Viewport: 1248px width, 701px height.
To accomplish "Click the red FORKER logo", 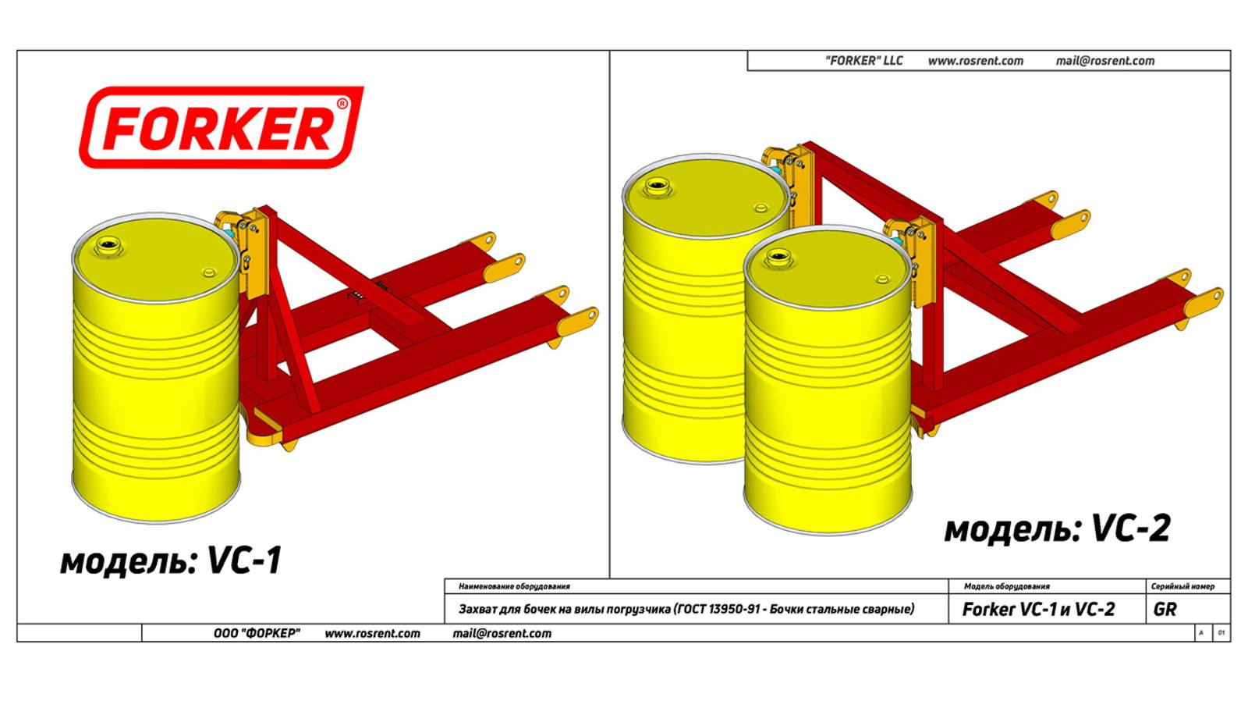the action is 222,127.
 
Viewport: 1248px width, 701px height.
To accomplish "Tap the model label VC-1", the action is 245,560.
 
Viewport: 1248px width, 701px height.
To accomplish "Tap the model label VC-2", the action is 1131,528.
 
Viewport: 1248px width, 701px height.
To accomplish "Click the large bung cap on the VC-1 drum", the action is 105,245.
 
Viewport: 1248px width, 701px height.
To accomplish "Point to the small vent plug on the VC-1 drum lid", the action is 208,272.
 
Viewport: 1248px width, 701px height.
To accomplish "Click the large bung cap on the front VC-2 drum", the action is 778,257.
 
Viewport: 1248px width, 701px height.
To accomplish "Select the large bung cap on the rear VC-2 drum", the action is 657,186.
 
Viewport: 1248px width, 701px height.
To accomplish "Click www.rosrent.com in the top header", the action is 976,61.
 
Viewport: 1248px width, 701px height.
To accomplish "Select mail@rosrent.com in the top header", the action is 1104,61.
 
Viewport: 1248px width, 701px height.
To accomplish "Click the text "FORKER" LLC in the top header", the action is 863,60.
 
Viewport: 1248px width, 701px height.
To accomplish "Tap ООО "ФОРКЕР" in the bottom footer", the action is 257,633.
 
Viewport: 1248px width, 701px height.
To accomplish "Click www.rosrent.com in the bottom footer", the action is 372,634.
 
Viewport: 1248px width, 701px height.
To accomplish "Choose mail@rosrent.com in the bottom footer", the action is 502,634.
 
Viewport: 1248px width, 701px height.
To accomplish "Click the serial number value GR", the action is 1165,609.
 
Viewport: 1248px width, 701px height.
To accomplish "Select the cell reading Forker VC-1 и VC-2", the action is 1038,609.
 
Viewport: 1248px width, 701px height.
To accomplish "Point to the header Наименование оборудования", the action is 514,586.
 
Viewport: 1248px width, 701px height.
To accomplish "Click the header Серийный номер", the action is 1182,586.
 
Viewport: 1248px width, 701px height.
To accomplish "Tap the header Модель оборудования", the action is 1007,586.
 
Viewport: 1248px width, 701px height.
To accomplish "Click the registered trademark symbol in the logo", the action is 342,104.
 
